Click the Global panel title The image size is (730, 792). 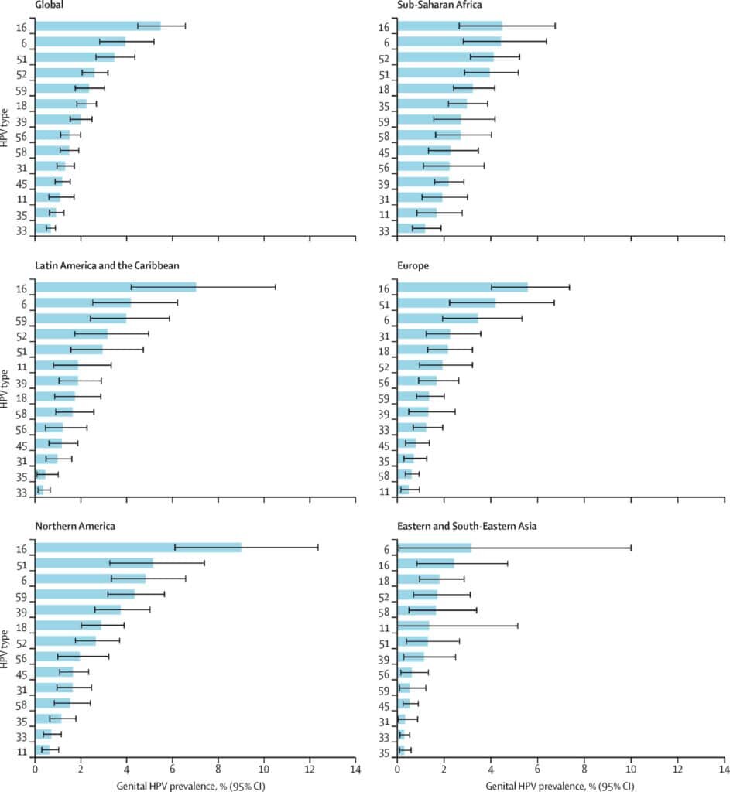50,5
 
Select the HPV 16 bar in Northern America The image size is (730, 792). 138,548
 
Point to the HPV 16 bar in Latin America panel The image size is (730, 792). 115,287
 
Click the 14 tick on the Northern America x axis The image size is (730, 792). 355,771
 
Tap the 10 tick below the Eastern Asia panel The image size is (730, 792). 631,771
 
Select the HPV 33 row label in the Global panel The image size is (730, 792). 22,230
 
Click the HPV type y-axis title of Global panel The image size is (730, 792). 6,128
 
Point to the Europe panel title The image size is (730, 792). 413,265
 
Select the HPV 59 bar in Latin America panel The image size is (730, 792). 81,318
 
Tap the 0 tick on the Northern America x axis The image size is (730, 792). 35,771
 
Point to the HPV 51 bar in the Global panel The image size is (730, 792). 74,57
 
